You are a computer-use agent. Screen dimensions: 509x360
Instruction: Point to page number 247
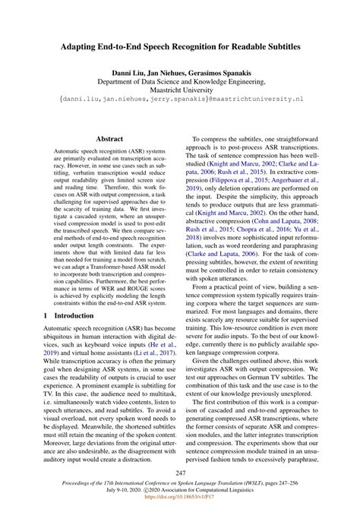(x=180, y=473)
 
